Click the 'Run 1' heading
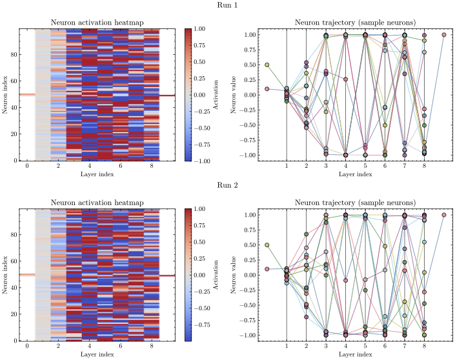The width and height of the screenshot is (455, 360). (x=227, y=5)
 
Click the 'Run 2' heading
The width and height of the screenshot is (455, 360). (x=227, y=185)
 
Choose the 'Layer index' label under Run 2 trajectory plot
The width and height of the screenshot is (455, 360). (x=356, y=355)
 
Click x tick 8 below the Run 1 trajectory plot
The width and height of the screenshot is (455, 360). (x=424, y=166)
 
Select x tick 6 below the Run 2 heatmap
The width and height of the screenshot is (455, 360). (x=120, y=346)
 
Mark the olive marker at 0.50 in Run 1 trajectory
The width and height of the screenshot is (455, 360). (x=267, y=65)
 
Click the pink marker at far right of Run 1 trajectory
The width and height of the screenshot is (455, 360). (x=444, y=35)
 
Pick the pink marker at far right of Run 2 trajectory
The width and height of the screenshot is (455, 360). (x=444, y=215)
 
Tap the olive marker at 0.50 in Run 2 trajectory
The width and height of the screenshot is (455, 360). (x=267, y=245)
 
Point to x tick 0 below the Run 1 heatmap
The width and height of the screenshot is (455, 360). (x=27, y=166)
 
